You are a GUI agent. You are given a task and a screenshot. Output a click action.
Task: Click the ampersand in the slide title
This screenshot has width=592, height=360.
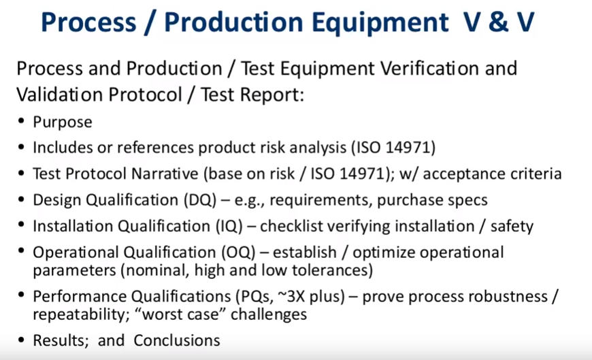498,22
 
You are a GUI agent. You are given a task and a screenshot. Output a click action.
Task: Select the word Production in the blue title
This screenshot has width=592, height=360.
233,22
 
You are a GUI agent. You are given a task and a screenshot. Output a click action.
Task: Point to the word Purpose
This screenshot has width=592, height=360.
63,122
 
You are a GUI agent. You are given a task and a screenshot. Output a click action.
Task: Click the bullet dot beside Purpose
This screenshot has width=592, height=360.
21,121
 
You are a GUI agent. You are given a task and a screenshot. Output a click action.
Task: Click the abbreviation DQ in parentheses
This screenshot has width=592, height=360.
200,200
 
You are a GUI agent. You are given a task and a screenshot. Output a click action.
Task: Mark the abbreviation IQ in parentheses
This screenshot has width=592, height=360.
229,226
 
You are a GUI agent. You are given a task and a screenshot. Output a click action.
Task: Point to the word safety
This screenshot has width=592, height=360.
512,226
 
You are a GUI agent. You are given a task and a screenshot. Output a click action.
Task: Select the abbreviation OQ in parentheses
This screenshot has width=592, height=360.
239,252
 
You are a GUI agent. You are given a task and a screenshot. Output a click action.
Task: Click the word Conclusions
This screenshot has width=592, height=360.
177,340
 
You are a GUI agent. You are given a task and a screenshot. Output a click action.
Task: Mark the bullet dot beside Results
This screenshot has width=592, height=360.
21,340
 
